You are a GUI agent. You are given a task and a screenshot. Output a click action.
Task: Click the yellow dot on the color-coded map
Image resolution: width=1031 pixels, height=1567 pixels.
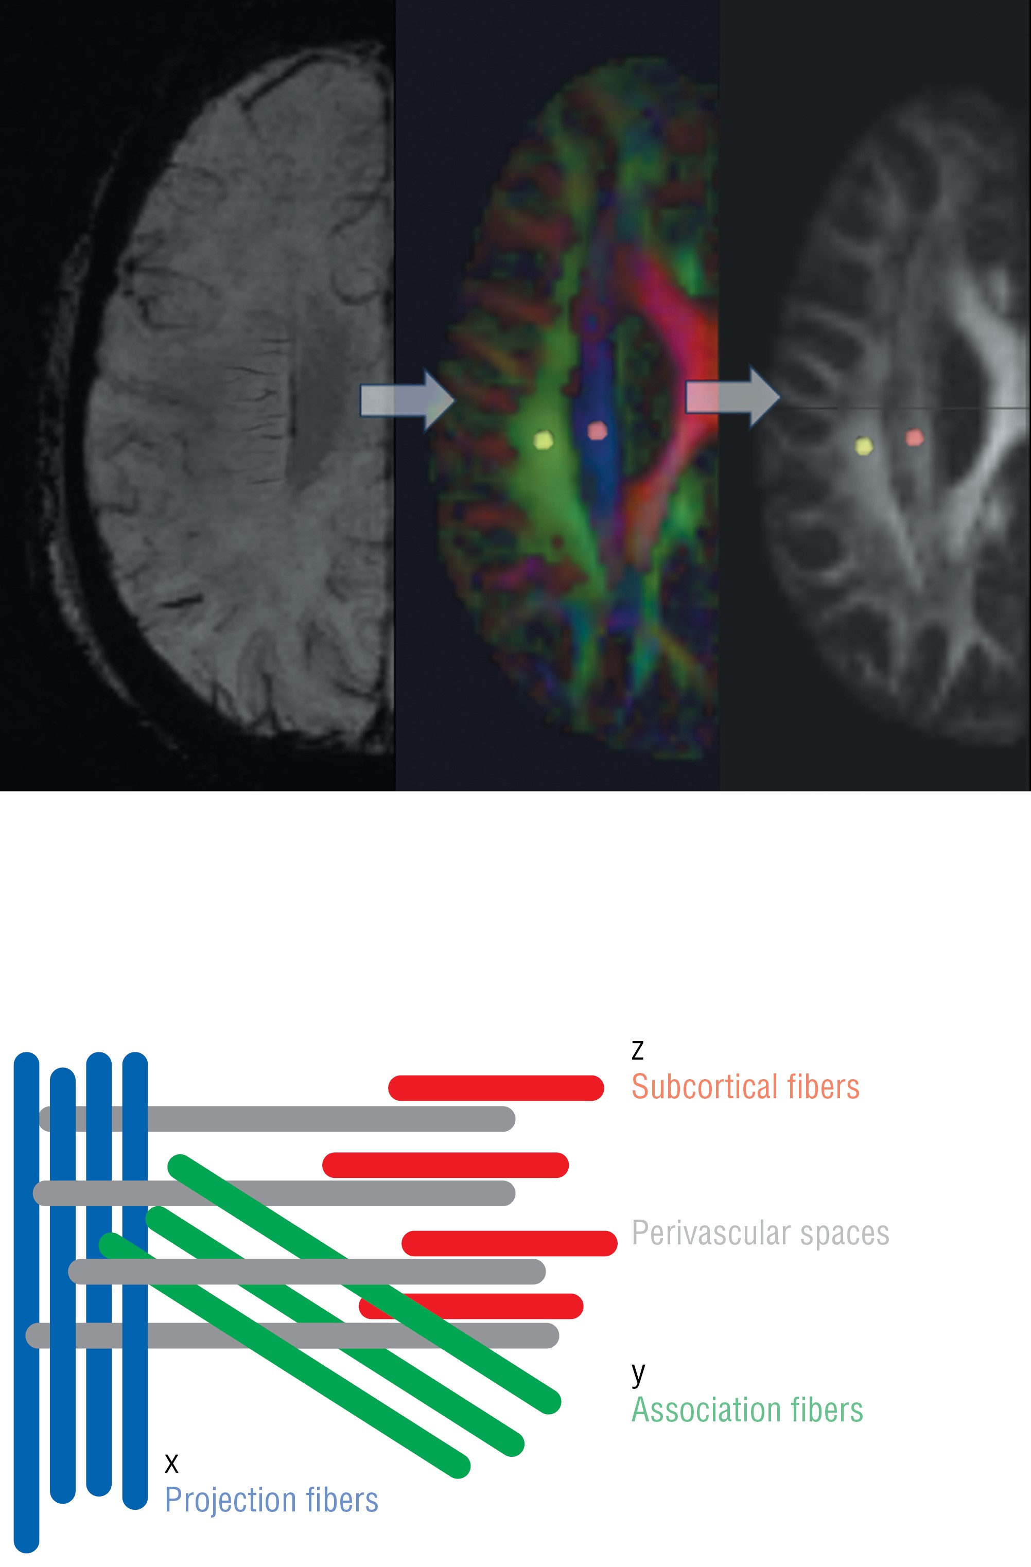pos(543,439)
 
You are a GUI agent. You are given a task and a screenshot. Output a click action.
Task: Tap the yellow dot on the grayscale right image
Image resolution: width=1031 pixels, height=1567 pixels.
pos(863,446)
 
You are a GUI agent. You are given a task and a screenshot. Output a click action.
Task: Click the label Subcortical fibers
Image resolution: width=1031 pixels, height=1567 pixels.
pos(745,1087)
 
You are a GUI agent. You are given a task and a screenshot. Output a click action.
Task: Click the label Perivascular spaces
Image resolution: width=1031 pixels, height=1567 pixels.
pos(760,1233)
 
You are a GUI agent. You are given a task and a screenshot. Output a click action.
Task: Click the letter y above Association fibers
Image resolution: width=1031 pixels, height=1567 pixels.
pos(638,1374)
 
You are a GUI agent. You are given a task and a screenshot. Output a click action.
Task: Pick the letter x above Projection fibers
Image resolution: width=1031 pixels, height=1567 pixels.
pos(171,1463)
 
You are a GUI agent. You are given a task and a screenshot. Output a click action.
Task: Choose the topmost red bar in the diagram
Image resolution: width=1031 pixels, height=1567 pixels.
pos(496,1088)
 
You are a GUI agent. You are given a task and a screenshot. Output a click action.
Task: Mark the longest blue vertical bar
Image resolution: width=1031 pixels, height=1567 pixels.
pos(26,1304)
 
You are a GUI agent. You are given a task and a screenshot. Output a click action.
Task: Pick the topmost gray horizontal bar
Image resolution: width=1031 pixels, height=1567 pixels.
pos(276,1119)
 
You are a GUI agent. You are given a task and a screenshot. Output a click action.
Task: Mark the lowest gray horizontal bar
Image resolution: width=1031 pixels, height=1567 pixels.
pos(292,1335)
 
